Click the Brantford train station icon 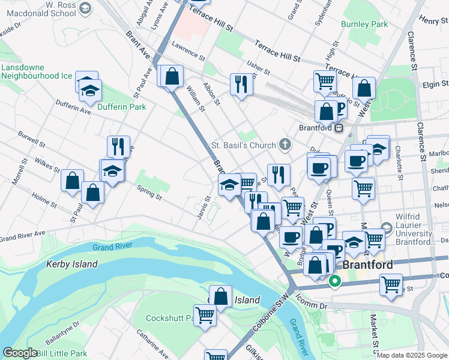pos(339,128)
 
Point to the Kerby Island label pos(72,264)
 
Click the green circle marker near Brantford pos(335,280)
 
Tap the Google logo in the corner pos(20,353)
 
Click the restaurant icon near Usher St pos(241,84)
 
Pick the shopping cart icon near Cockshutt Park pos(205,316)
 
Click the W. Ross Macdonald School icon pos(85,8)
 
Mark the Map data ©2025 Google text pos(412,355)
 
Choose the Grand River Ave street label pos(22,237)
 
